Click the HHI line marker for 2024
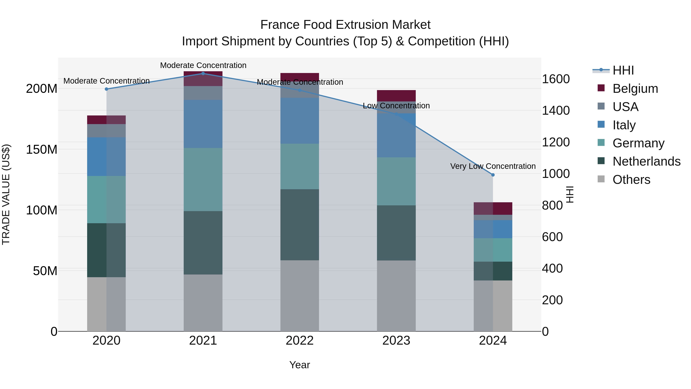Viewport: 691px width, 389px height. point(493,175)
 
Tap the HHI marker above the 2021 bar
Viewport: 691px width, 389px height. point(203,73)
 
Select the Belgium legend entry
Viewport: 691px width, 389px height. point(635,88)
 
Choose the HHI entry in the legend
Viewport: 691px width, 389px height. point(623,70)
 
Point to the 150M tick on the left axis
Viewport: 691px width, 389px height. point(42,149)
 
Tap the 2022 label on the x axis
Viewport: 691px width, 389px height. point(300,341)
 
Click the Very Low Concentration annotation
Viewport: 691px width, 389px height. point(493,166)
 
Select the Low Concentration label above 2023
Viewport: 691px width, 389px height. point(396,106)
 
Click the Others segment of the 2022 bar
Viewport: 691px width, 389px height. point(300,295)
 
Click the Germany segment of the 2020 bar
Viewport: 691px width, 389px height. point(107,199)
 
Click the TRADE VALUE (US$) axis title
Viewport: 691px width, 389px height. point(6,194)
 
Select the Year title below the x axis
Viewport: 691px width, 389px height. point(300,365)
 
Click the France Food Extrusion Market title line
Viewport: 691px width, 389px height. point(345,25)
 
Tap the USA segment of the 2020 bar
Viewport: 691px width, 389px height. point(107,131)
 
